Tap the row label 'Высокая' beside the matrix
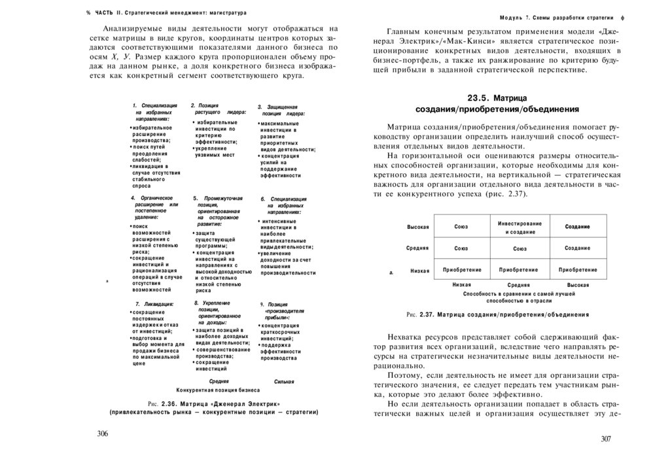point(418,227)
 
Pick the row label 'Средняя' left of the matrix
point(417,248)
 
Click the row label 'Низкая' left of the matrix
point(419,270)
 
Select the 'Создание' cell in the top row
point(578,226)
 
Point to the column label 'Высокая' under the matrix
point(578,285)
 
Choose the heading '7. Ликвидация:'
point(154,304)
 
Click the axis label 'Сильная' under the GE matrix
point(284,381)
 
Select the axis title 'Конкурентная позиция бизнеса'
point(213,389)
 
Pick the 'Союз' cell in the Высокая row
point(461,227)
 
